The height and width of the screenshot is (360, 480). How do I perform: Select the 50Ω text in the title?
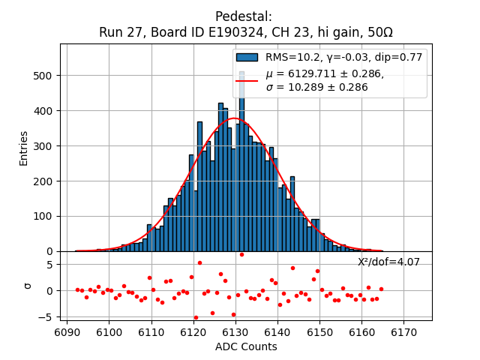click(377, 32)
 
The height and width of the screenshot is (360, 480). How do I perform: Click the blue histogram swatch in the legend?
click(247, 57)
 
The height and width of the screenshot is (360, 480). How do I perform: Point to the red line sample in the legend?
click(247, 79)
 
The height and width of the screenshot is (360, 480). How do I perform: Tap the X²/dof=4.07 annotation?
click(388, 262)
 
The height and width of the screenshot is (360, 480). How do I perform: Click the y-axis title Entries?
click(24, 148)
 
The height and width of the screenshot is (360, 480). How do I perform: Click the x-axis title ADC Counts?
click(246, 346)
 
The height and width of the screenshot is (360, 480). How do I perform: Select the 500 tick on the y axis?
click(42, 76)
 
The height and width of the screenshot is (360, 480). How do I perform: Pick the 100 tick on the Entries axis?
click(42, 217)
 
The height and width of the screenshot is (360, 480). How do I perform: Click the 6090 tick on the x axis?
click(67, 331)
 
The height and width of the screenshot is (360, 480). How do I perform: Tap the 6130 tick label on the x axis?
click(235, 331)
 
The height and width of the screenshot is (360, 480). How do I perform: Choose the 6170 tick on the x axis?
click(403, 331)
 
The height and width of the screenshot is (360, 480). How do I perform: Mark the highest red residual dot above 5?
click(199, 262)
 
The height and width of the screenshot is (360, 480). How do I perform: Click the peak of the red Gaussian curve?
click(234, 118)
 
